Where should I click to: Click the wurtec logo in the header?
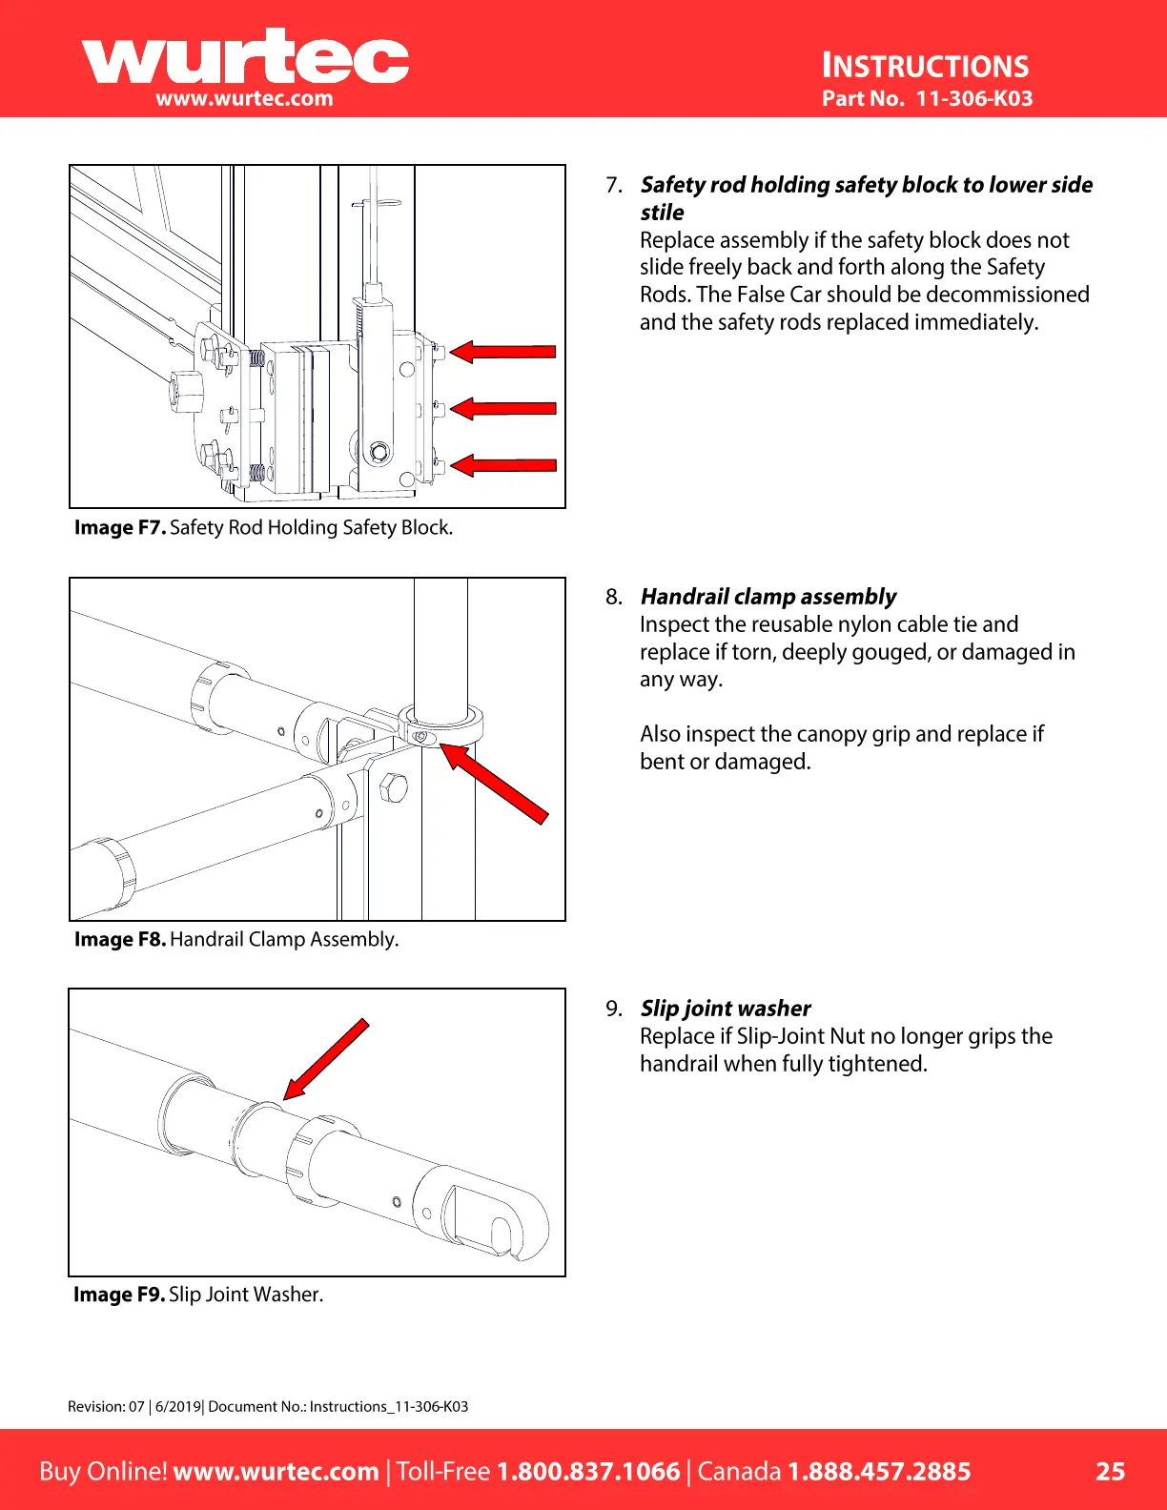coord(245,60)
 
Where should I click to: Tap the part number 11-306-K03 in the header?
coord(973,98)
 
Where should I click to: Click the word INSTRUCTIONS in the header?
coord(925,66)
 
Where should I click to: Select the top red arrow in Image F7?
coord(502,352)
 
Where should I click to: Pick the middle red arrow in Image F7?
coord(502,409)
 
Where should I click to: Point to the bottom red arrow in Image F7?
coord(502,465)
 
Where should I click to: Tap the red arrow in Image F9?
coord(326,1059)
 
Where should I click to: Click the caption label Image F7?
coord(120,527)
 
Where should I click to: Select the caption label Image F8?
coord(120,939)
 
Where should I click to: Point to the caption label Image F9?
coord(119,1294)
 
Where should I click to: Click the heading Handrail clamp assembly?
coord(768,597)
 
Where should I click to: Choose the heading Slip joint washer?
coord(725,1009)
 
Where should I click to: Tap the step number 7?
coord(613,185)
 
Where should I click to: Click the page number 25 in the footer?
coord(1110,1471)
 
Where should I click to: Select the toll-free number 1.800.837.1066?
coord(588,1471)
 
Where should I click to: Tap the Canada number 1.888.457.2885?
coord(878,1471)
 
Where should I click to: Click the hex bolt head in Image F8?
coord(394,787)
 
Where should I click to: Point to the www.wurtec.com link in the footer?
coord(276,1471)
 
